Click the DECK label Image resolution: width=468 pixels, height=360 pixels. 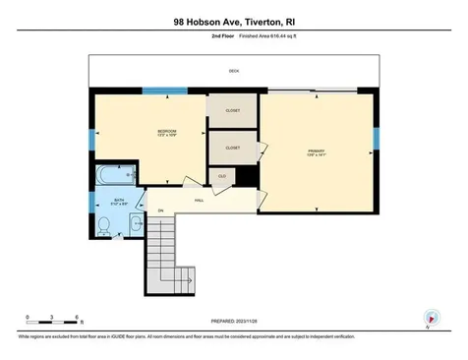pos(233,72)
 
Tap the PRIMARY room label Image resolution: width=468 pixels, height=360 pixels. pos(315,151)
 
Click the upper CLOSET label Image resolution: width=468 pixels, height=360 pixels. pos(233,110)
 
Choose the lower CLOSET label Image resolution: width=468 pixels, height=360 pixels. pos(233,148)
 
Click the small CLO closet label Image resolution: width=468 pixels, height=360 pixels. pos(222,175)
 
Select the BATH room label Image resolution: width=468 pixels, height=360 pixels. pos(118,204)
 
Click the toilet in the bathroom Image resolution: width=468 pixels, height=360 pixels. pos(105,223)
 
